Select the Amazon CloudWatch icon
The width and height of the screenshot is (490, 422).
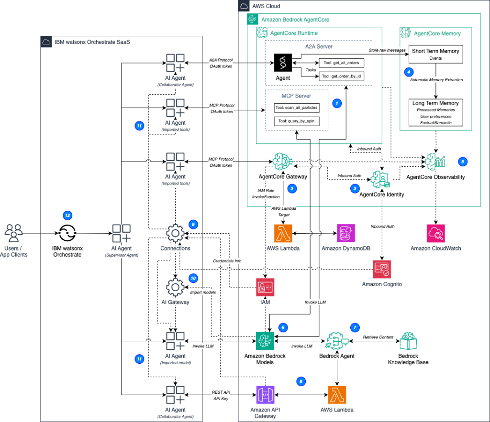point(436,233)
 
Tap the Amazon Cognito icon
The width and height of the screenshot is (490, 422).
point(382,270)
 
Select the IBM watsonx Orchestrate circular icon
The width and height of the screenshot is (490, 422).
point(67,233)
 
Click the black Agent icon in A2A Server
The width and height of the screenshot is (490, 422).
point(283,62)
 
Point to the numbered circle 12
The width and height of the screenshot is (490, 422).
point(67,216)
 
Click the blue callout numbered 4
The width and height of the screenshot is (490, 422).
point(408,72)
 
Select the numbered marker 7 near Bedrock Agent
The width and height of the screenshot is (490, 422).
point(355,327)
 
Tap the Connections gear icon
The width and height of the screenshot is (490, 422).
point(175,233)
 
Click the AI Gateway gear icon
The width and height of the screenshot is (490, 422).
point(175,287)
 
